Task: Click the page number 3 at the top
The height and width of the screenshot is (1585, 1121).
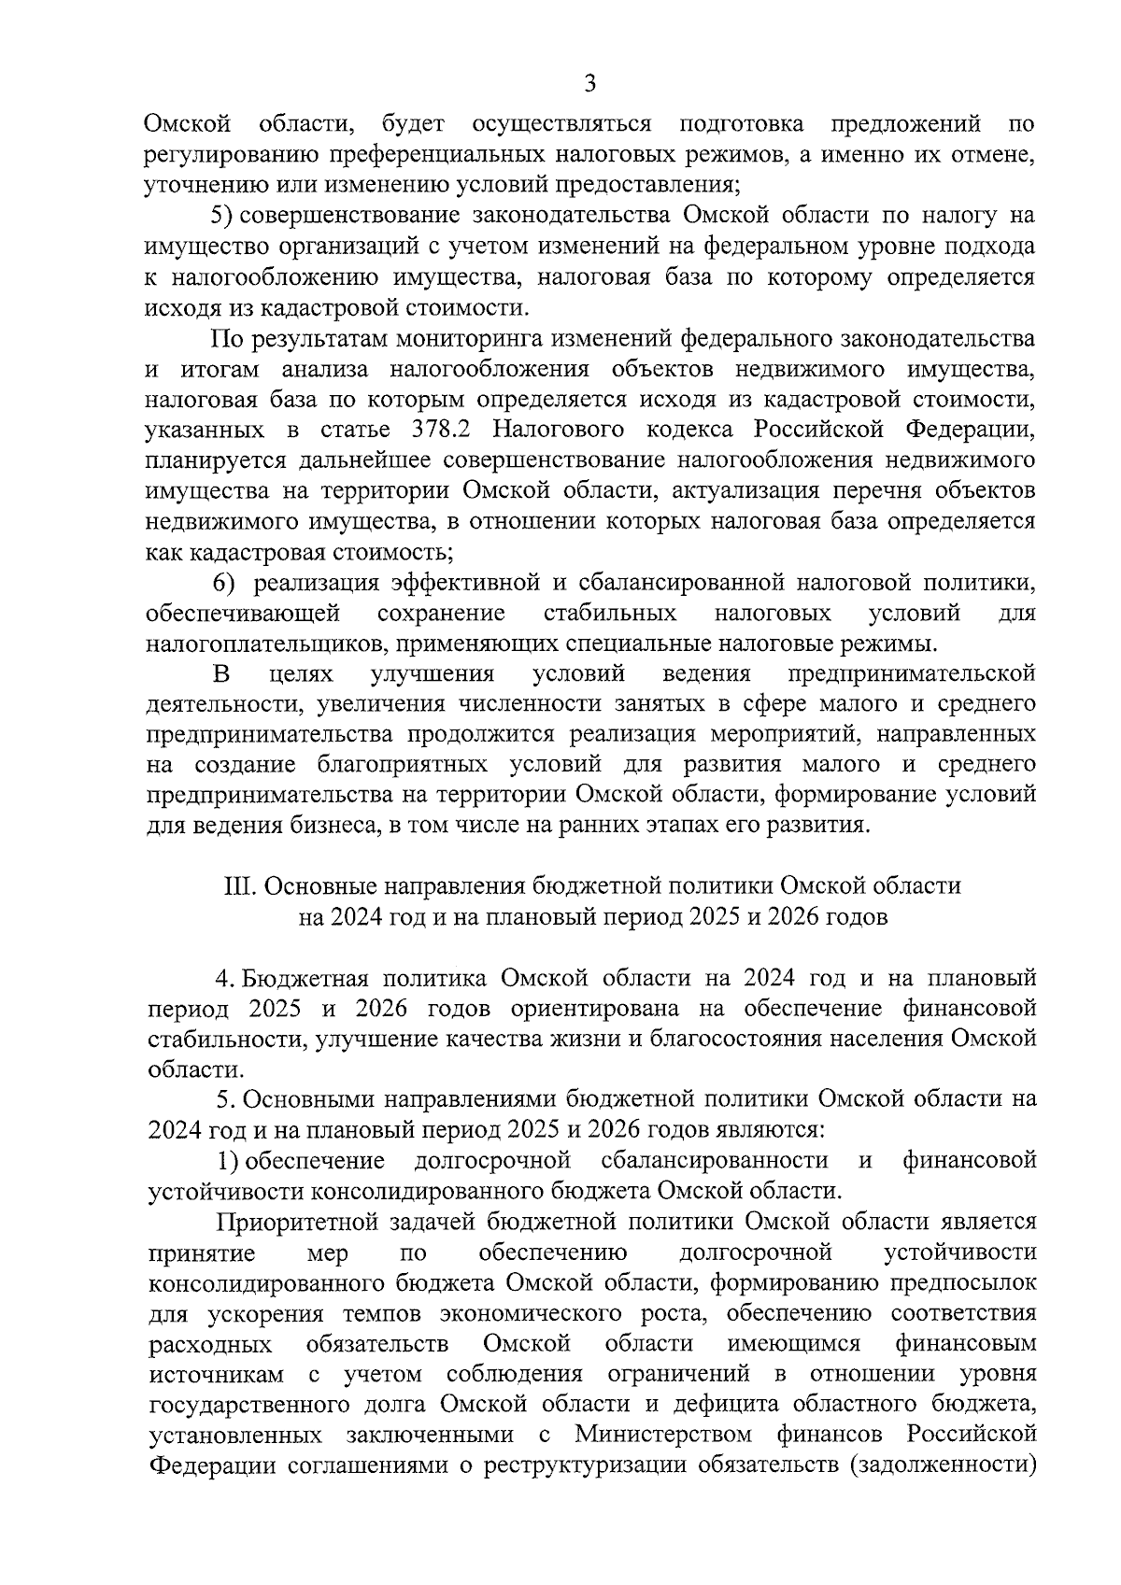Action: [589, 84]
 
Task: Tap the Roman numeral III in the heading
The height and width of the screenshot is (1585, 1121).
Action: [236, 885]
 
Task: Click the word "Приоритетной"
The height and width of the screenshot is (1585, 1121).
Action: [290, 1221]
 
